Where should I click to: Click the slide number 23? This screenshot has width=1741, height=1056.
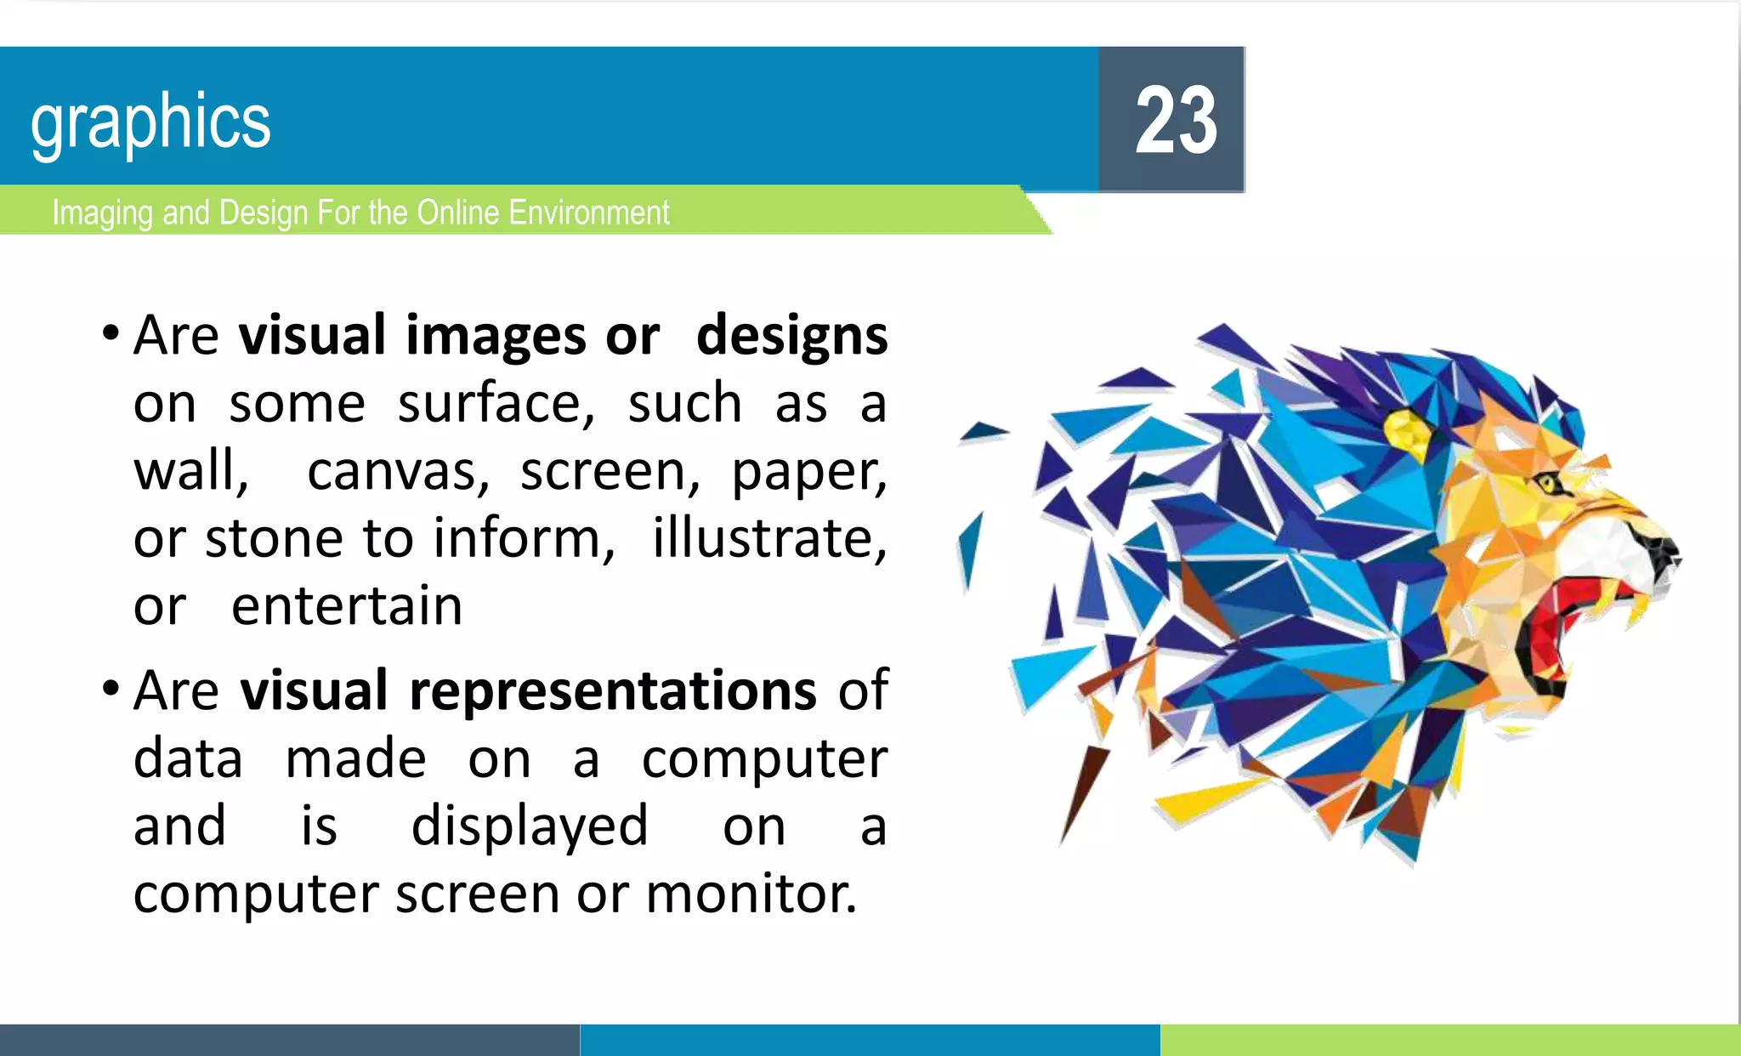pyautogui.click(x=1176, y=120)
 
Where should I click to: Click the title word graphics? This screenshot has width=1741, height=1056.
pyautogui.click(x=150, y=122)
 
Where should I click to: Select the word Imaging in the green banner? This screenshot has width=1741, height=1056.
pyautogui.click(x=103, y=213)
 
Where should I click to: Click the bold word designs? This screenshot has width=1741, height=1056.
pyautogui.click(x=791, y=336)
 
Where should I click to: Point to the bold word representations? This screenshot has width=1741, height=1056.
pyautogui.click(x=612, y=690)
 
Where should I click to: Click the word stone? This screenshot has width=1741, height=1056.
pyautogui.click(x=273, y=539)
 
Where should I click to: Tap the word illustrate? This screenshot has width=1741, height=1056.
pyautogui.click(x=768, y=539)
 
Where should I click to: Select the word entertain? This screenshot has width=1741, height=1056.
pyautogui.click(x=347, y=606)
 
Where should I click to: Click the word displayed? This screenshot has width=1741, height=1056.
pyautogui.click(x=530, y=826)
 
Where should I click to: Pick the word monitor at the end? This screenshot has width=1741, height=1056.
pyautogui.click(x=750, y=894)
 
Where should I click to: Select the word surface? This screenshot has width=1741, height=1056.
pyautogui.click(x=496, y=404)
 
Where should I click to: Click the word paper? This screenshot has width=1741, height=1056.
pyautogui.click(x=808, y=472)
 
